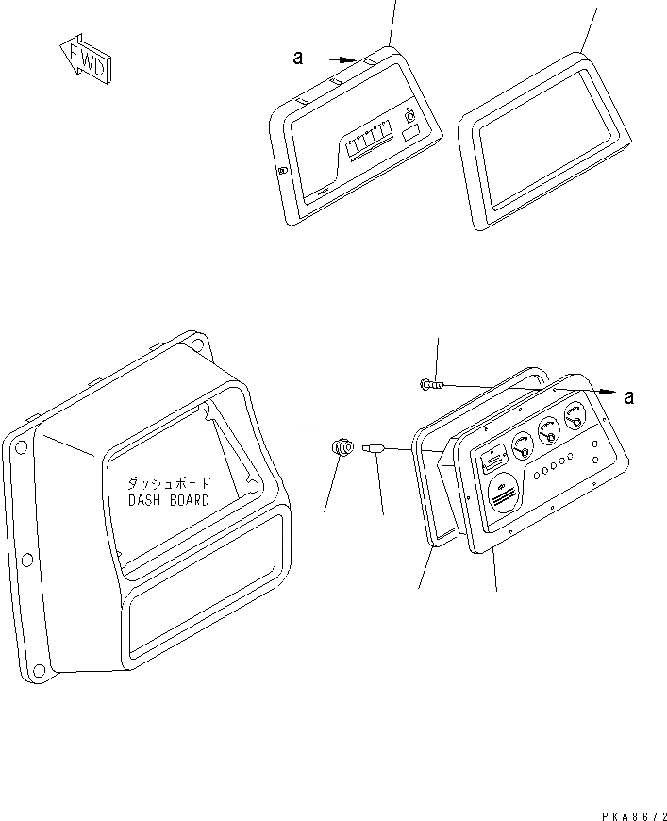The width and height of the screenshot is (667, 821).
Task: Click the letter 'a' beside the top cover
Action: click(x=298, y=59)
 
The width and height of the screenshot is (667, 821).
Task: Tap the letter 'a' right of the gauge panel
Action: click(x=629, y=395)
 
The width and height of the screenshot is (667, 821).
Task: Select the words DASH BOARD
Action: click(x=169, y=500)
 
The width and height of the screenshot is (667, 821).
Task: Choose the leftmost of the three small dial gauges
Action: click(x=522, y=444)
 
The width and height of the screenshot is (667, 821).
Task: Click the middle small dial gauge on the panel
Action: click(x=547, y=431)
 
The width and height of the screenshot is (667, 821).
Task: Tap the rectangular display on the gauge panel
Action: click(x=492, y=460)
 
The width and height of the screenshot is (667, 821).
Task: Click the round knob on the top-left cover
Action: click(x=409, y=116)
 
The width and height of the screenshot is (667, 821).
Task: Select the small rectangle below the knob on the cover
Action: click(x=409, y=136)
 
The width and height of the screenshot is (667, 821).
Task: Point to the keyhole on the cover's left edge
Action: click(x=282, y=170)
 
